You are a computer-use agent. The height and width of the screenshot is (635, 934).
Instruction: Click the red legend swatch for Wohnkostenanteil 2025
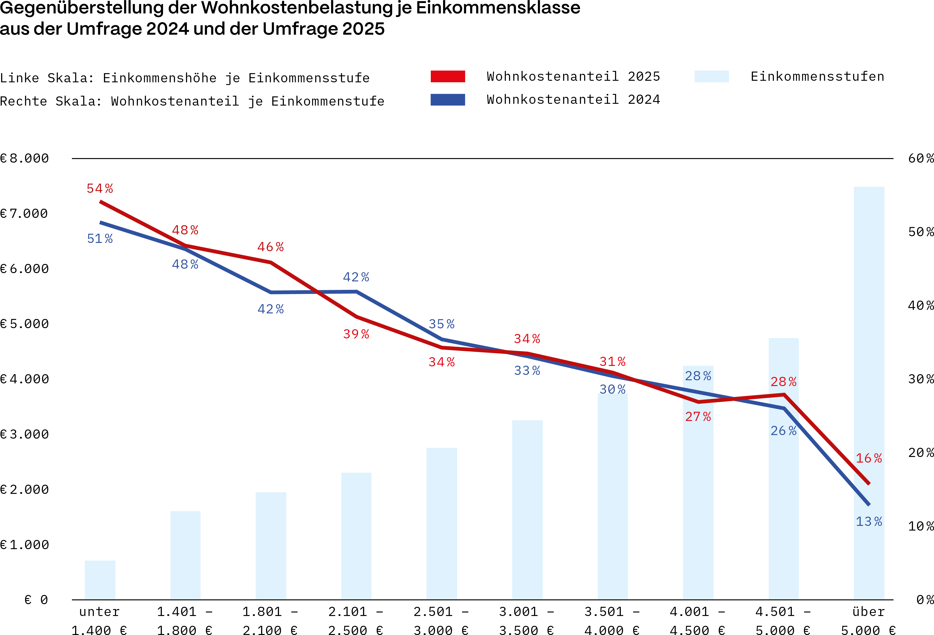pos(448,76)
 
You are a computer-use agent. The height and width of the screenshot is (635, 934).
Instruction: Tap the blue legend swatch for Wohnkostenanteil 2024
pos(448,100)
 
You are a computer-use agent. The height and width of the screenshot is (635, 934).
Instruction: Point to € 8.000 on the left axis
pos(25,158)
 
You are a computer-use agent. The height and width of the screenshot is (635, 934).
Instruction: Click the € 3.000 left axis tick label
pos(25,434)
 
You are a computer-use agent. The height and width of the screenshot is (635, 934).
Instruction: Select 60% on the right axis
pos(920,158)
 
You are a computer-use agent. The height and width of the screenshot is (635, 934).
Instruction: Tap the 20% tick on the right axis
pos(920,453)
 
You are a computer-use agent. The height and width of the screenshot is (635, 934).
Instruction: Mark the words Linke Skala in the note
pos(47,78)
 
